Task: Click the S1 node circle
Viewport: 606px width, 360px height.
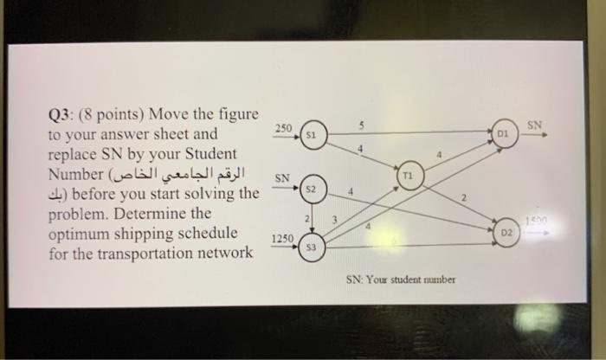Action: click(x=315, y=136)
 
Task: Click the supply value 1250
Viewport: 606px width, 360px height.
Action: click(x=282, y=237)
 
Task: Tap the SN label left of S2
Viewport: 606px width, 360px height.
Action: click(x=282, y=178)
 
